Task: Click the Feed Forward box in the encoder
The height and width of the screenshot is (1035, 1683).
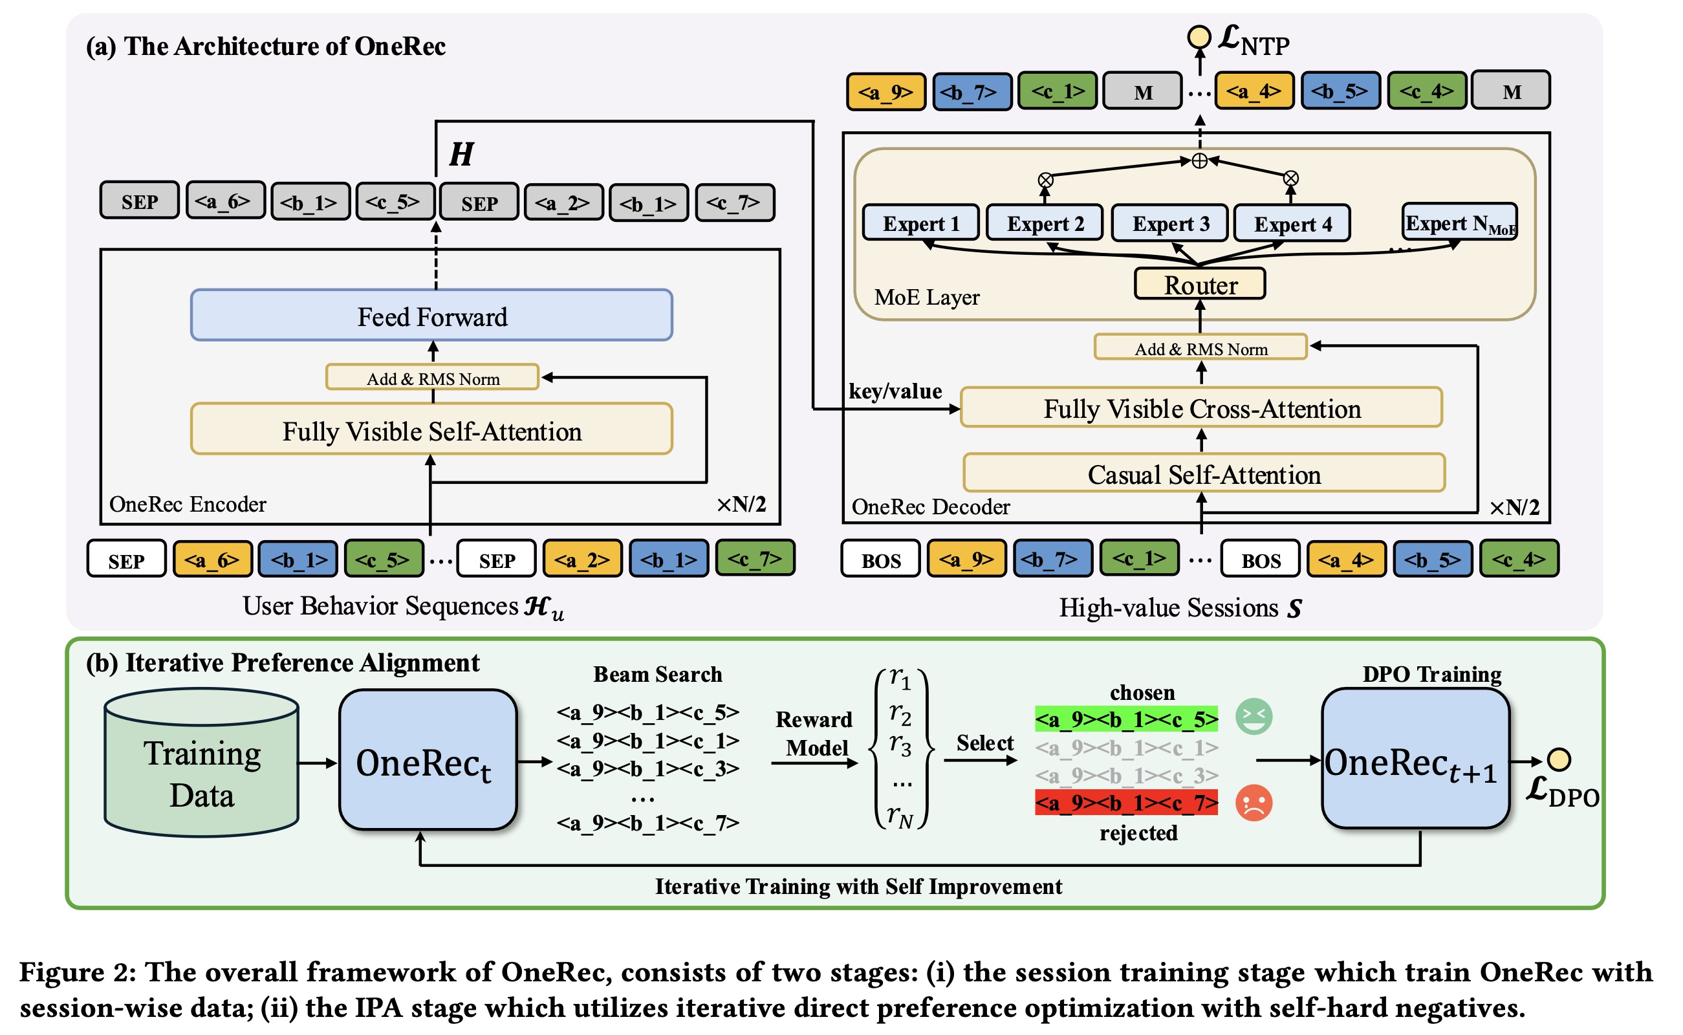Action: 432,316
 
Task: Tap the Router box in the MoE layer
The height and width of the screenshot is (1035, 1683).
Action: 1200,284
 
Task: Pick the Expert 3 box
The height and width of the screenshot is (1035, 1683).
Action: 1169,223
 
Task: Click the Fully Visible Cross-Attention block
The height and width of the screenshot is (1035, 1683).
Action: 1201,408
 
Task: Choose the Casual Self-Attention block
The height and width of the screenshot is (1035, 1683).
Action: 1204,474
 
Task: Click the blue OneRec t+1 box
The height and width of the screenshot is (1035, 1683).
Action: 1415,760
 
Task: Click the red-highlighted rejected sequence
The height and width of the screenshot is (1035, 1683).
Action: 1126,803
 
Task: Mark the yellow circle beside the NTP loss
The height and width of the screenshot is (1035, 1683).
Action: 1199,36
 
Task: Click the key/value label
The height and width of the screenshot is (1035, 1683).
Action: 895,391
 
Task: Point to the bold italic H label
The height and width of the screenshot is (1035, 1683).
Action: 461,154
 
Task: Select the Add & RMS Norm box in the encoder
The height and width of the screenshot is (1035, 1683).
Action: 433,378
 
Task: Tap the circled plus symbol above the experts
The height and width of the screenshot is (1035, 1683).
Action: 1200,161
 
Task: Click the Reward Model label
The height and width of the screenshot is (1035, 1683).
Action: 814,734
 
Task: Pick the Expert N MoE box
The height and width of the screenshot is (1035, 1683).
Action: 1460,223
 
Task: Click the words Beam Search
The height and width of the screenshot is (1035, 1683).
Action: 657,675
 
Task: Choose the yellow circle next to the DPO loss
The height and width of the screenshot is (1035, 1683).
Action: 1559,760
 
